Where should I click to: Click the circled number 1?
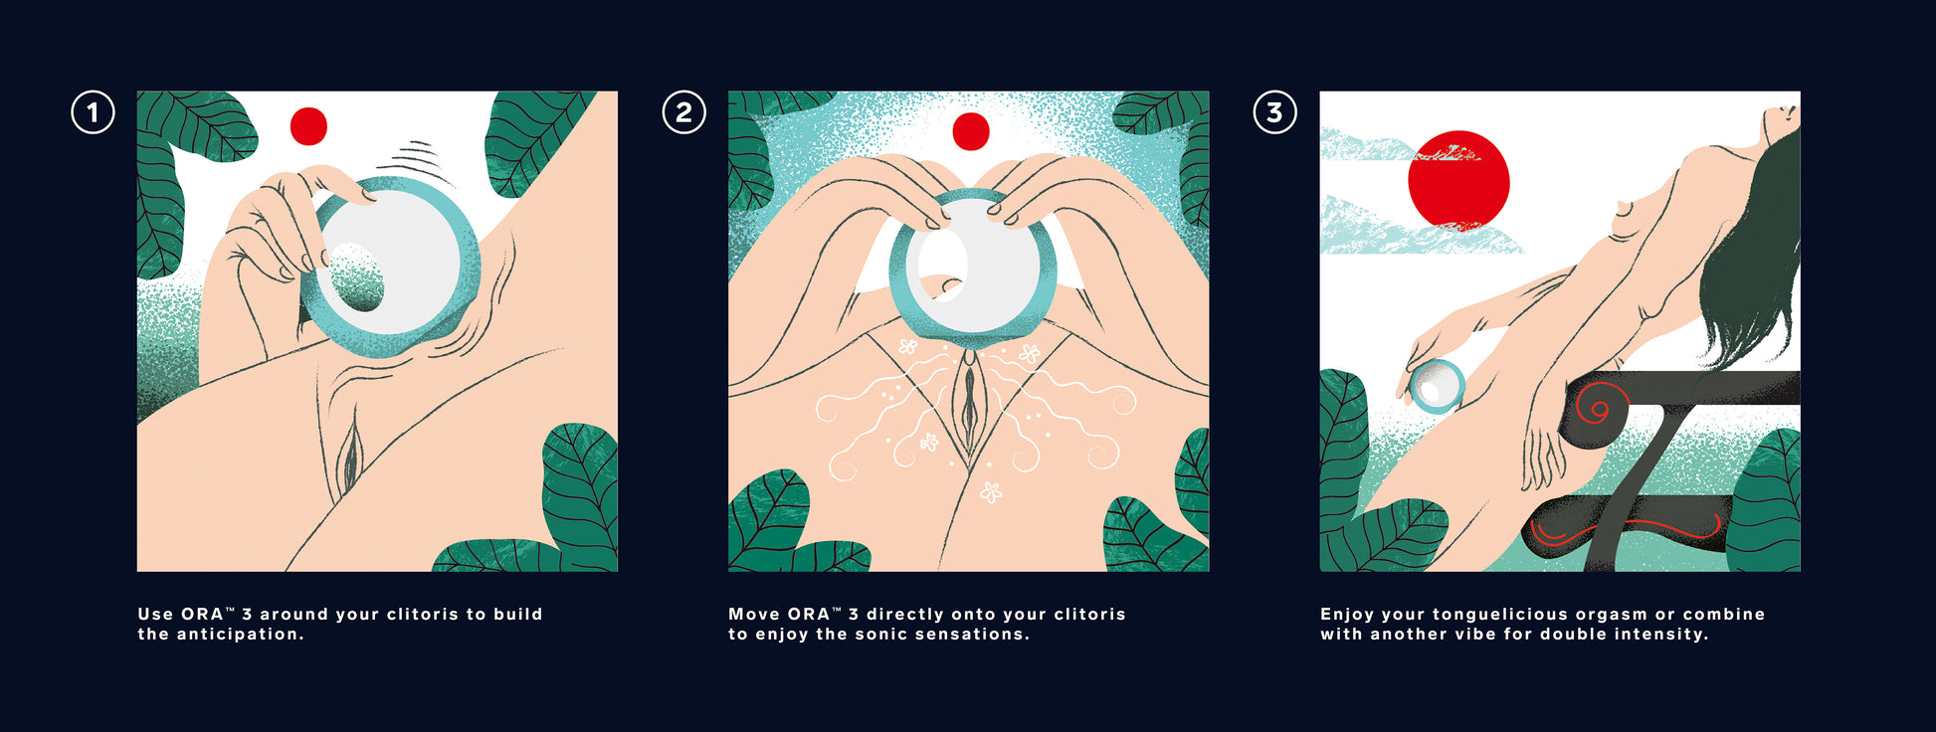(x=93, y=112)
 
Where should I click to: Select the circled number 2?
(x=683, y=112)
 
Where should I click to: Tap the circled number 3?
(x=1274, y=112)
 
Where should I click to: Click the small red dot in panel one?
(x=308, y=126)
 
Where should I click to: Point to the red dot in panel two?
(x=971, y=131)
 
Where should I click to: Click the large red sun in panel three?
(x=1458, y=180)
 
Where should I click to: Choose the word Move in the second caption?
(x=753, y=615)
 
